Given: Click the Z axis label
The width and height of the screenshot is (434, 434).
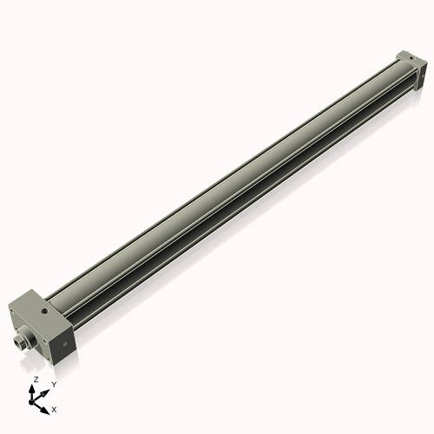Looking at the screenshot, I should click(35, 380).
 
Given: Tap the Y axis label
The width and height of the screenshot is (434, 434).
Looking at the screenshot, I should click(54, 384).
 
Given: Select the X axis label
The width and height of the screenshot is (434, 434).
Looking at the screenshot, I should click(55, 408).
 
